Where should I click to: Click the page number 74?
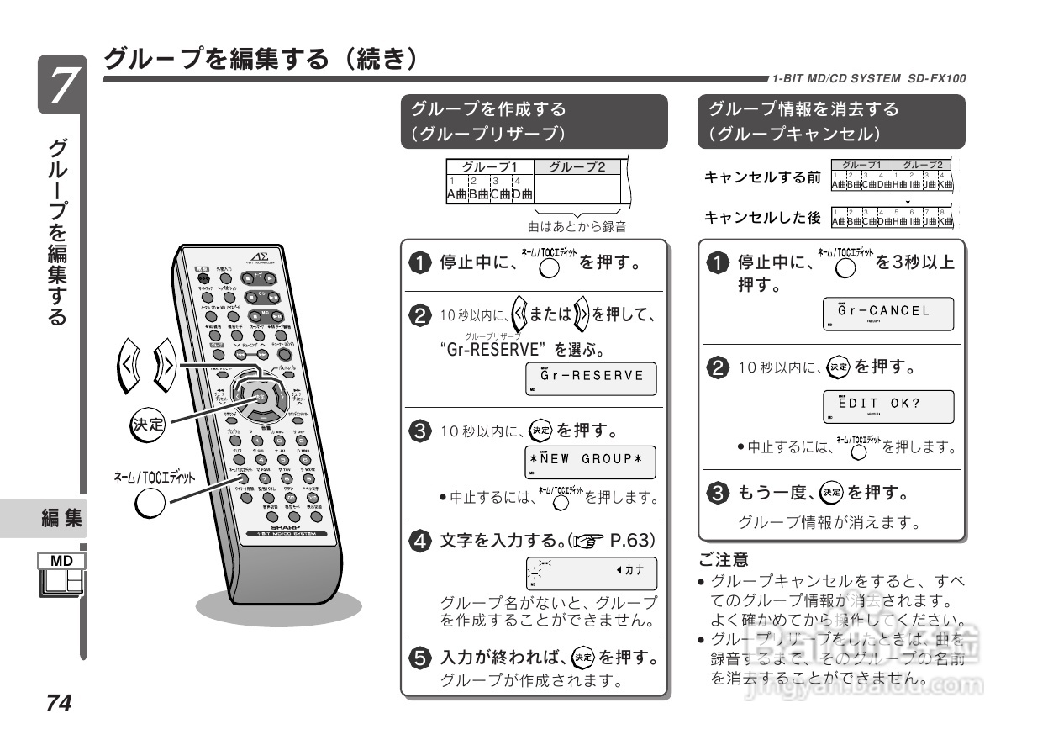[x=61, y=703]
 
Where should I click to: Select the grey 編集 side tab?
[x=62, y=519]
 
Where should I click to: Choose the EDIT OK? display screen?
[x=888, y=405]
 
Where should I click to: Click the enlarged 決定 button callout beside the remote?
[x=148, y=424]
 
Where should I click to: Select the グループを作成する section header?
[x=534, y=121]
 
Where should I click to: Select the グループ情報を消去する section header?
[x=831, y=121]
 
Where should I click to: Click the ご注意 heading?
[x=724, y=558]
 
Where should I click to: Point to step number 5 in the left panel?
[x=419, y=656]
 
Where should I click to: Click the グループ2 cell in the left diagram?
[x=577, y=166]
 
